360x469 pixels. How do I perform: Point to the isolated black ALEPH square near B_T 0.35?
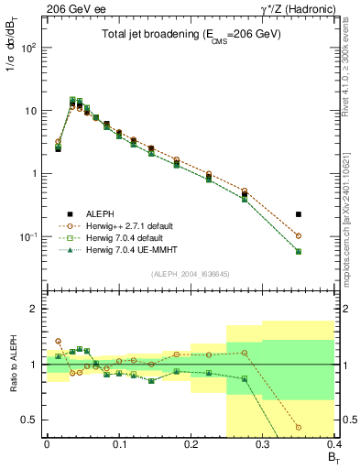[x=299, y=214]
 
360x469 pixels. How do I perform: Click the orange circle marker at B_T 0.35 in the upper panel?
[x=299, y=235]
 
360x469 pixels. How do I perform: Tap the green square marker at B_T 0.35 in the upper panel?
[x=299, y=251]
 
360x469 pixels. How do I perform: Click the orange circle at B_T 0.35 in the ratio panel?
[x=299, y=427]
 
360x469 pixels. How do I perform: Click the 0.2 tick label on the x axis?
[x=191, y=444]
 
